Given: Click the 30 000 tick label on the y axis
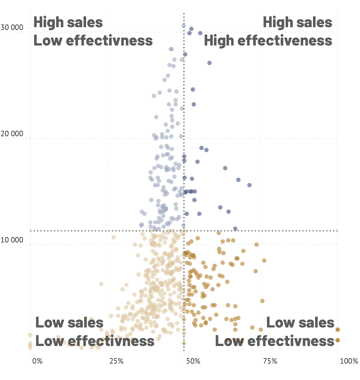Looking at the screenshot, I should pos(12,28).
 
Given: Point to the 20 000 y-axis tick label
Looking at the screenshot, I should pos(12,134).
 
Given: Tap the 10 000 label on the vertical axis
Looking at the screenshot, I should pos(12,240).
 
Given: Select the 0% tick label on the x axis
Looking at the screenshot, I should pos(37,361).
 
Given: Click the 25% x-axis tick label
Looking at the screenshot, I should pos(116,361).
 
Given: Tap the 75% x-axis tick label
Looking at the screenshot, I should pos(270,361).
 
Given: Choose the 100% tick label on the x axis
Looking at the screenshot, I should pos(349,361).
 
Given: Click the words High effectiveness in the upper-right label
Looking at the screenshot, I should pos(268,40).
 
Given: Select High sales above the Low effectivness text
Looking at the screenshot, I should pos(68,22).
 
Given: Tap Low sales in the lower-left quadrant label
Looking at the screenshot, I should pos(69,323).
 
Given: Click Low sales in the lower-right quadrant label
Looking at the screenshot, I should pos(300,323).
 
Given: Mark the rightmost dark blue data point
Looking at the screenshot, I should pos(249,185).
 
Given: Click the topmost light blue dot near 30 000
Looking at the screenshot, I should pos(184,26).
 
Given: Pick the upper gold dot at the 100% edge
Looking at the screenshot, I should pos(337,330).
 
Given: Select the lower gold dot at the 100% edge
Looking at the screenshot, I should pos(337,340).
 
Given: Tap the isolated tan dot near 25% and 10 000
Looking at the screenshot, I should pos(113,237).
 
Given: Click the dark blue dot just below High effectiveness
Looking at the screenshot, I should pos(209,63).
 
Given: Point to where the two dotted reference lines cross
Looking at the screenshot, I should pos(184,231).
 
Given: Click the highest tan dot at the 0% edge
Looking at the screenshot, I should pos(30,335).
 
